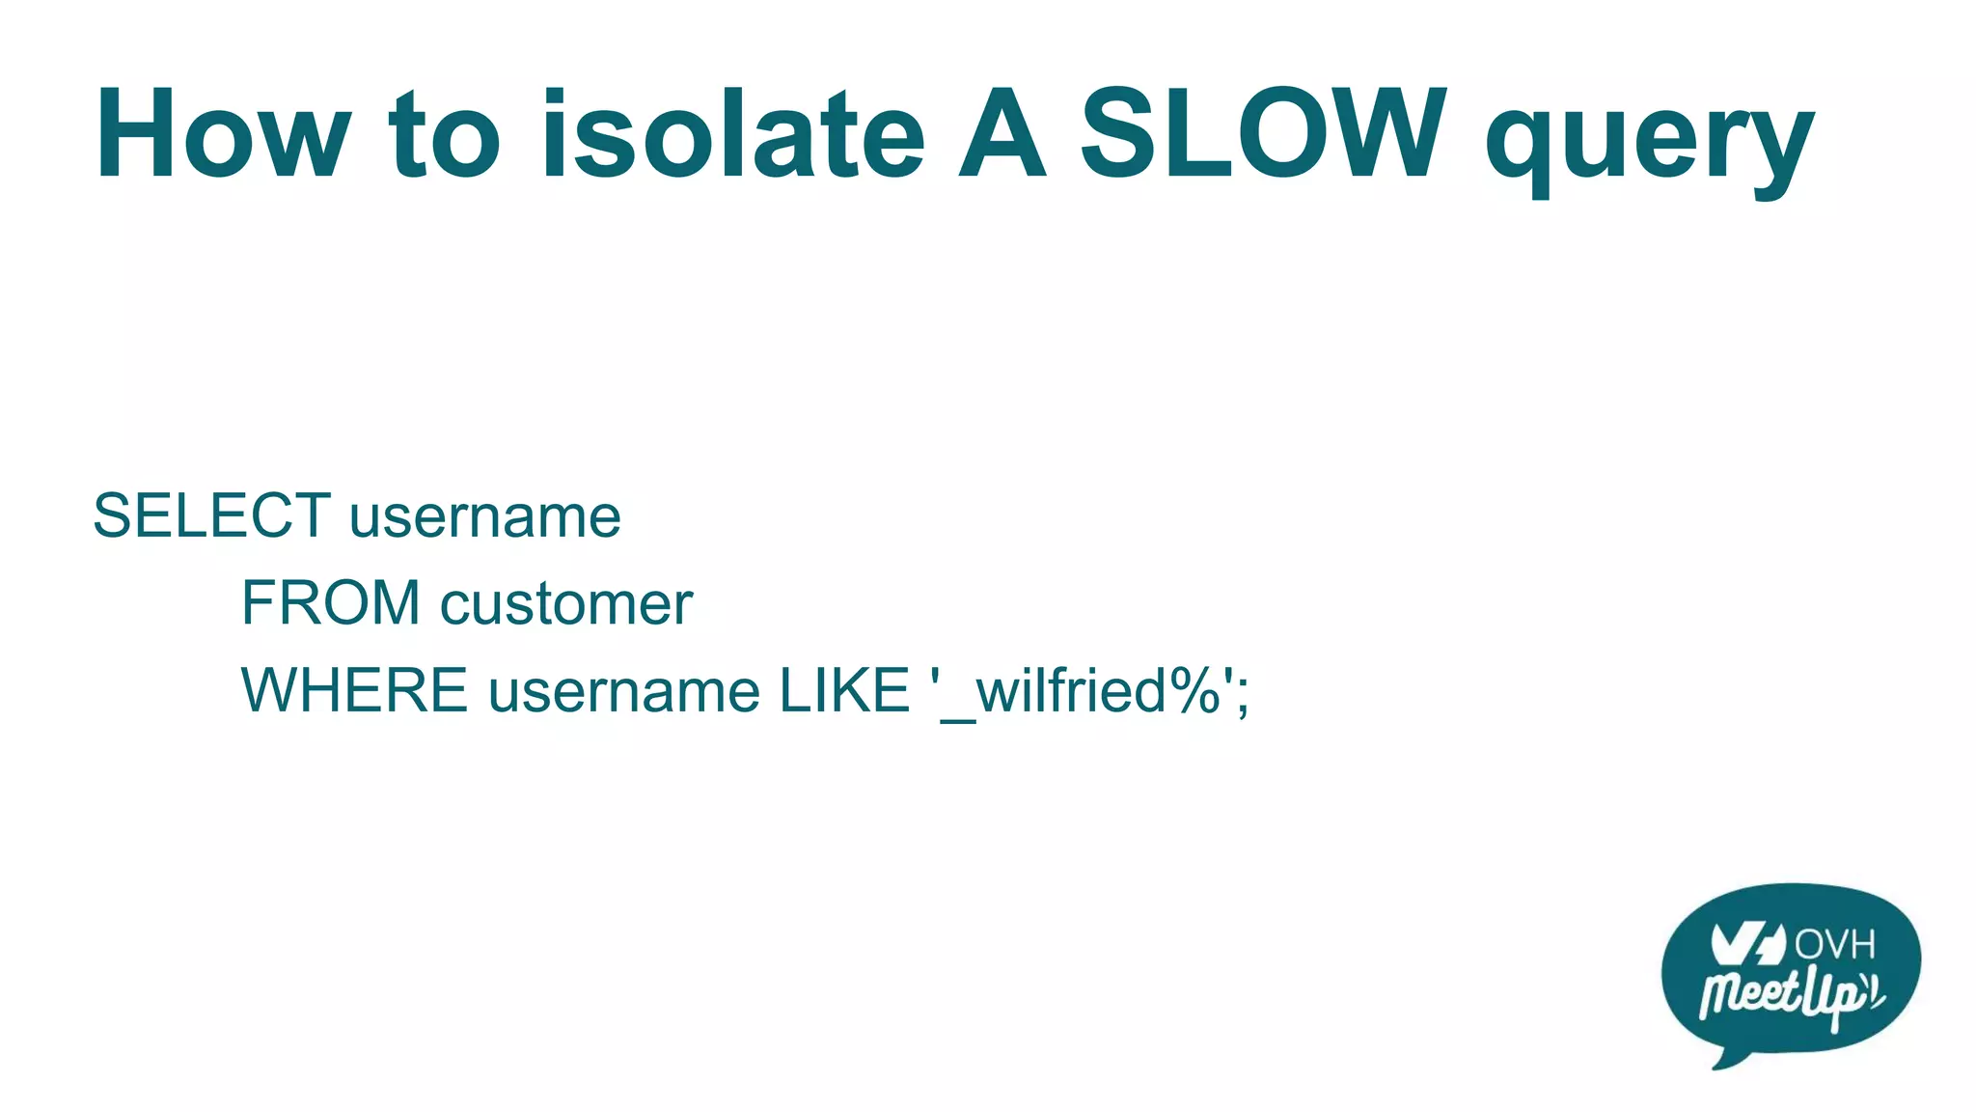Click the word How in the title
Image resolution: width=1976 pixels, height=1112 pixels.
222,135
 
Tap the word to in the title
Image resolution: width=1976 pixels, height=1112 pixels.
444,135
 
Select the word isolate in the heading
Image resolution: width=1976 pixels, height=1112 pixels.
733,135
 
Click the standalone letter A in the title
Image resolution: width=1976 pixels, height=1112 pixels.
1002,135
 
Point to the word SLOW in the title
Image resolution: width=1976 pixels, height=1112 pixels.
1264,135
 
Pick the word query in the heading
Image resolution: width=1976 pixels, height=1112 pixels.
1650,145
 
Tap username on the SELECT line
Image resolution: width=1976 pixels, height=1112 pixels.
485,517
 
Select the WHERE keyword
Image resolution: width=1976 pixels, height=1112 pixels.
354,691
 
